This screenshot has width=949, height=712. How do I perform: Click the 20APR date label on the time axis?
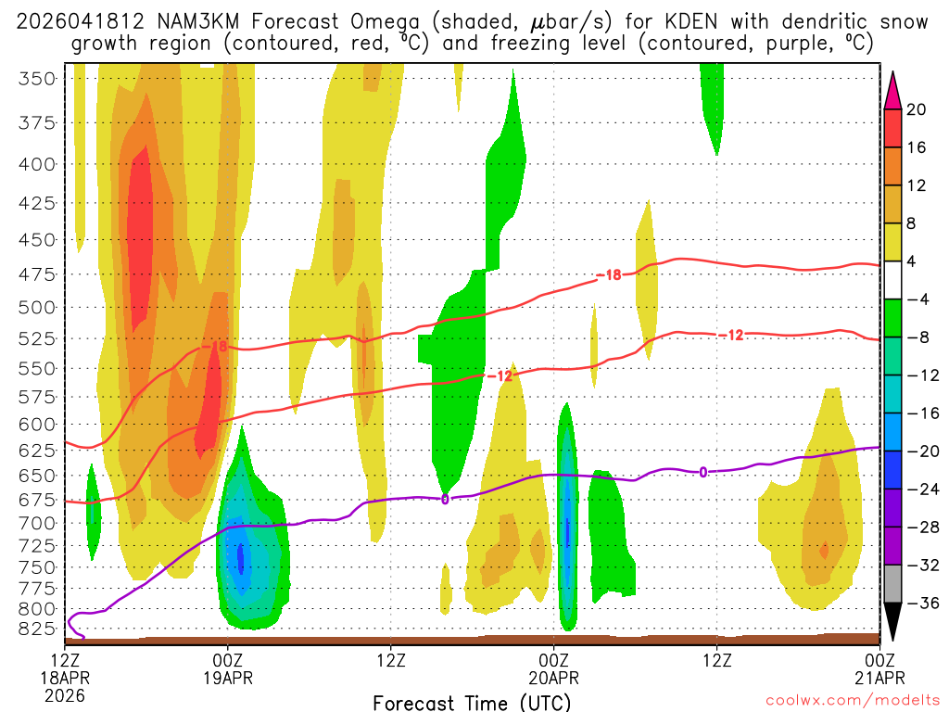click(553, 678)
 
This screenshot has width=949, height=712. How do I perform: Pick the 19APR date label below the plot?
click(228, 678)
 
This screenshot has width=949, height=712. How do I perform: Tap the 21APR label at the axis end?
click(879, 678)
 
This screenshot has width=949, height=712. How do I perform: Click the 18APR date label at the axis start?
click(65, 678)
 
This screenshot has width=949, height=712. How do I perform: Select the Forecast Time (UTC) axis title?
click(472, 703)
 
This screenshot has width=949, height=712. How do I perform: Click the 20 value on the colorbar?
click(917, 109)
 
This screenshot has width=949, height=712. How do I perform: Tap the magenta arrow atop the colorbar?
click(893, 88)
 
